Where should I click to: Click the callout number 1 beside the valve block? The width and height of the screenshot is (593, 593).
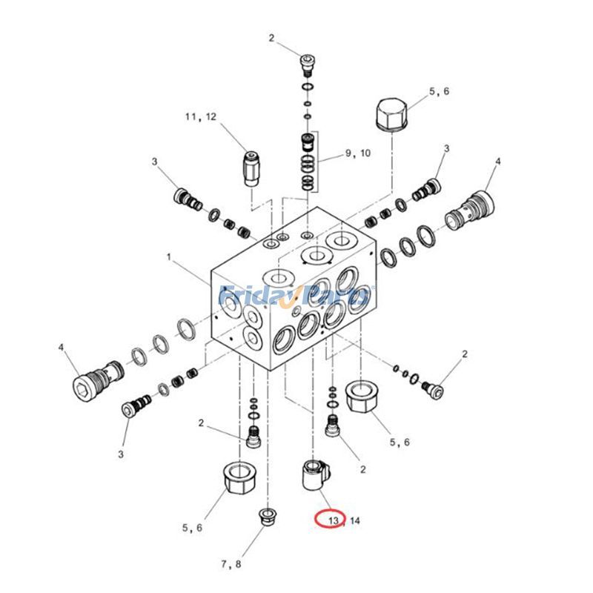click(x=169, y=257)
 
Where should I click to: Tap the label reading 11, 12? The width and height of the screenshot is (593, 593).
click(x=201, y=116)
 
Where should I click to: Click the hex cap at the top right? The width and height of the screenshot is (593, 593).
click(x=394, y=116)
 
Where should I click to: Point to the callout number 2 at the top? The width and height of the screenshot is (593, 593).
click(x=271, y=38)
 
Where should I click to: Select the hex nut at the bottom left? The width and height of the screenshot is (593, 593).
click(x=239, y=481)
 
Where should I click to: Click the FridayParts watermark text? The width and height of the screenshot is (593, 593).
click(x=296, y=296)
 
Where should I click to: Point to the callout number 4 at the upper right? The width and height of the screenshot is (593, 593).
click(x=498, y=161)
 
